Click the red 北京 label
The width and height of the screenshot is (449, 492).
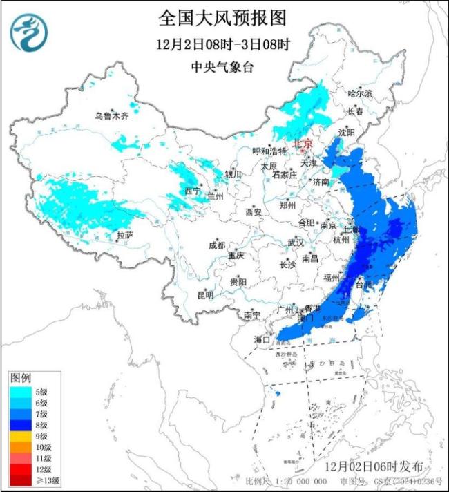[303, 144]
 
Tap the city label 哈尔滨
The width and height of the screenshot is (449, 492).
[360, 93]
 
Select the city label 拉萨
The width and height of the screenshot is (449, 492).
[124, 236]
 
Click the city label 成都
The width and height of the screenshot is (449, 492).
[216, 245]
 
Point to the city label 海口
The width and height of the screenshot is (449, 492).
[260, 340]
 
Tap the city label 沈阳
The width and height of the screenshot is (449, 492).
[365, 132]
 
